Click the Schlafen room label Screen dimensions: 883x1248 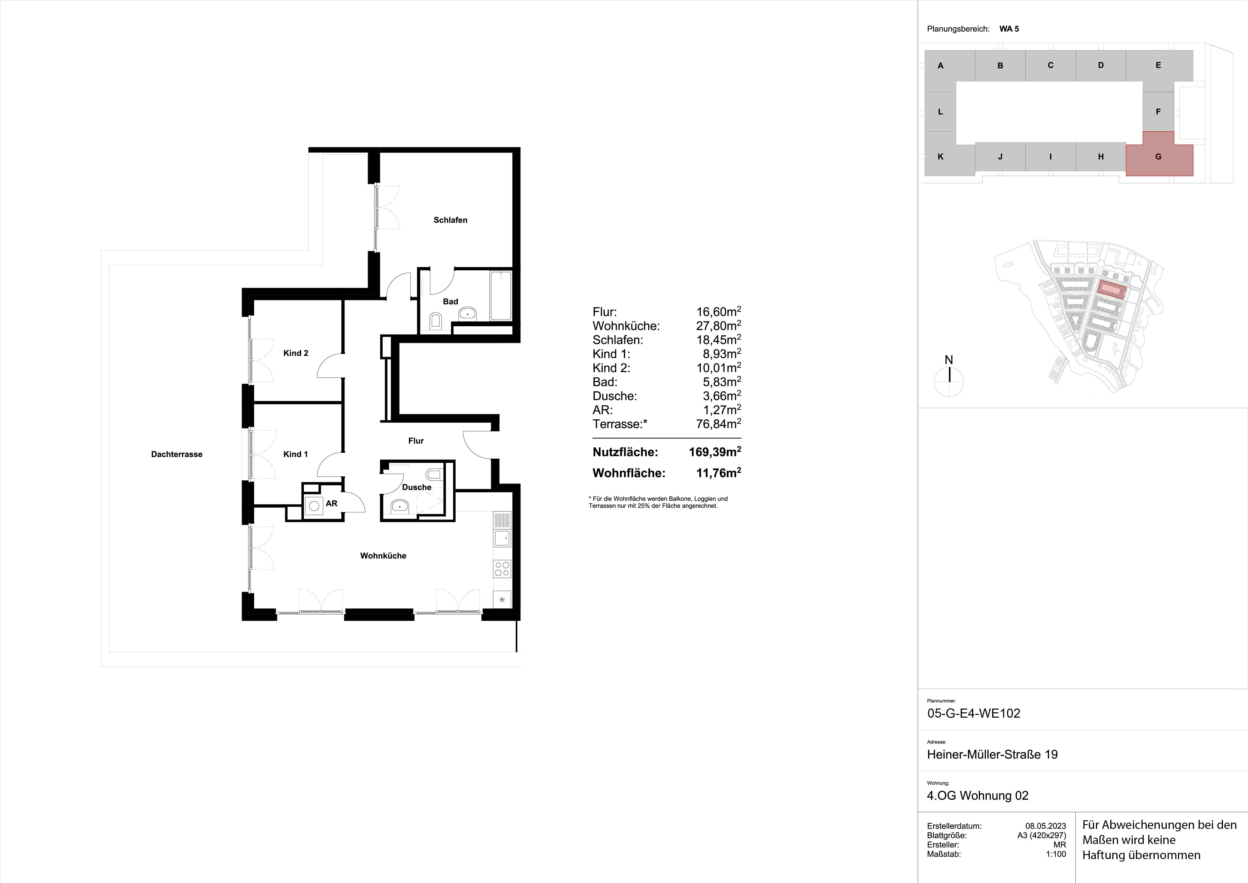(450, 220)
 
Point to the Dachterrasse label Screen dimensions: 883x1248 (177, 455)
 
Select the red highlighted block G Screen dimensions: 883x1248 (1158, 157)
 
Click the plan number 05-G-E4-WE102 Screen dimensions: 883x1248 (974, 713)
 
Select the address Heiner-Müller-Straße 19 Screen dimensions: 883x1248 (992, 755)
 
